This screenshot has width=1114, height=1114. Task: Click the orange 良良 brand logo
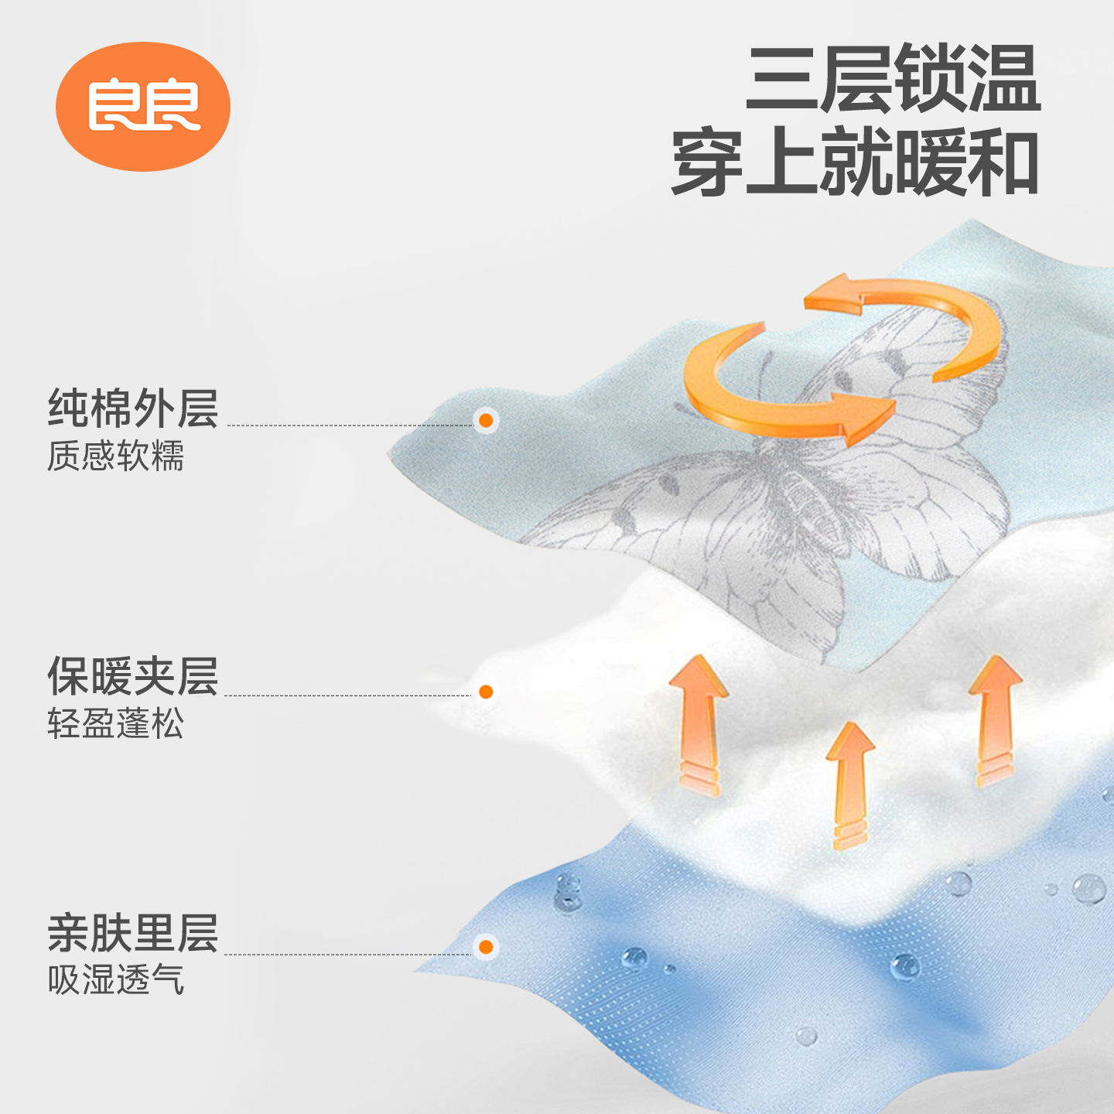coord(143,106)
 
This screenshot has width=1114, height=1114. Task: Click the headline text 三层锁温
coord(893,79)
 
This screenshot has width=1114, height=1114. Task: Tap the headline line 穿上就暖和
coord(855,162)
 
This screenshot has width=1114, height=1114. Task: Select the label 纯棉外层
coord(133,408)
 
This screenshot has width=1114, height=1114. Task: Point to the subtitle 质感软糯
coord(116,456)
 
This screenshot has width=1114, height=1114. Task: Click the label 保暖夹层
coord(133,676)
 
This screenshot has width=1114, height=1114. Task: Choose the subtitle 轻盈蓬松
coord(116,724)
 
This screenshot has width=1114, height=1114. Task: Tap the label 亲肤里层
coord(133,933)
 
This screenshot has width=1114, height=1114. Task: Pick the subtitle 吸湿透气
coord(116,980)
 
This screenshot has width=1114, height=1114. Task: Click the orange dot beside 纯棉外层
coord(486,420)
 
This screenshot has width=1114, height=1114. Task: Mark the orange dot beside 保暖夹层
coord(486,692)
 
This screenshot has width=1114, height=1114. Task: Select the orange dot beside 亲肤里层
coord(486,947)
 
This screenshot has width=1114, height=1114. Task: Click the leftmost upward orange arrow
coord(699,723)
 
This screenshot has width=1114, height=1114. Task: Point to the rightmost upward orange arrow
coord(995,719)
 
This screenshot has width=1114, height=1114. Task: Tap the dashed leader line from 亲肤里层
coord(348,955)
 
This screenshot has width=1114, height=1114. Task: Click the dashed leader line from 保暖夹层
coord(348,695)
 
